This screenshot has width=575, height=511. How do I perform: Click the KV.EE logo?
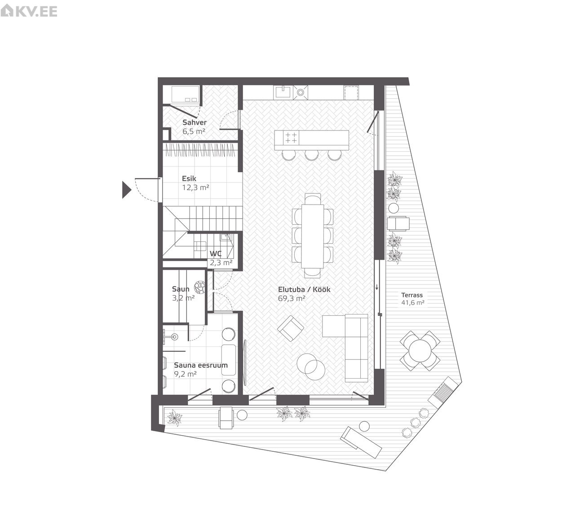29,11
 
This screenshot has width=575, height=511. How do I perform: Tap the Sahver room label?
195,122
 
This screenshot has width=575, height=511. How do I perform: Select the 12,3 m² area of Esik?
195,188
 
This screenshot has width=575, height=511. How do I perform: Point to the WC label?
216,253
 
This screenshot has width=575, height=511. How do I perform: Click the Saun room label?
181,289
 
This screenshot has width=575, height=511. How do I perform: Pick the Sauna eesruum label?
201,365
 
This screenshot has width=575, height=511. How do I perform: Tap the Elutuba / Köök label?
304,289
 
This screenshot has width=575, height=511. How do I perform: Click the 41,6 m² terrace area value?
413,302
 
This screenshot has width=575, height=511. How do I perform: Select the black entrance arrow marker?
127,190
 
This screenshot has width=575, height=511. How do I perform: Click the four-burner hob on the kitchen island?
291,137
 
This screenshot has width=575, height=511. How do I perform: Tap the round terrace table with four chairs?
420,350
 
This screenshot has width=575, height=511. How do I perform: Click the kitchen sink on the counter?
283,92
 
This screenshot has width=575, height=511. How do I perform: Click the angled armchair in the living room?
290,328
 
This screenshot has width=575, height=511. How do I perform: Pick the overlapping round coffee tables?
311,367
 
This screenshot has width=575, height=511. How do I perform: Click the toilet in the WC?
200,245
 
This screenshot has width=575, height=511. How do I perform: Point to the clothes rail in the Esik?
200,150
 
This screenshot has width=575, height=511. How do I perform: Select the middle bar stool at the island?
311,155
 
